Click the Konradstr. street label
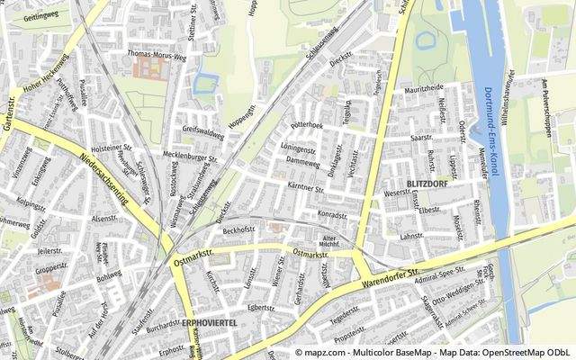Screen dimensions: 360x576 pyautogui.click(x=332, y=216)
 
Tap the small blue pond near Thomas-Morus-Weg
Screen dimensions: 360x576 pyautogui.click(x=203, y=85)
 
